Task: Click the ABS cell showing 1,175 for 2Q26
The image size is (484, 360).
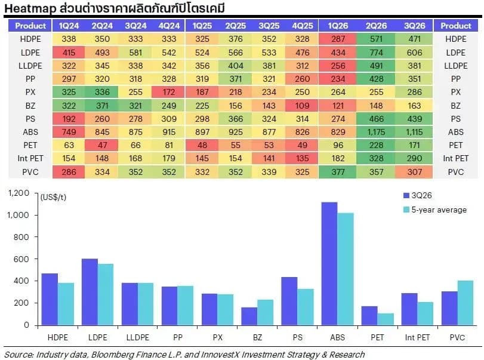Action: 376,132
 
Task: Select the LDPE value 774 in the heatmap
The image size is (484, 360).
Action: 376,53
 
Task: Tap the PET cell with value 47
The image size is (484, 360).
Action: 102,145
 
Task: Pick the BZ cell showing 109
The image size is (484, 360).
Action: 302,106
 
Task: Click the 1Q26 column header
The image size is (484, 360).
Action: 338,26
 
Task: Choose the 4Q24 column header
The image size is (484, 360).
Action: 169,26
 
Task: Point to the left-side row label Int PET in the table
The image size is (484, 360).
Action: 30,158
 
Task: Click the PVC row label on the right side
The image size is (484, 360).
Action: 455,172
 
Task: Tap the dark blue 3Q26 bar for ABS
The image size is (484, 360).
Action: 329,264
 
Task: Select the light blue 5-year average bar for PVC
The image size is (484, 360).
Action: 465,303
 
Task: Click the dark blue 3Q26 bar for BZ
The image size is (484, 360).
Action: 249,316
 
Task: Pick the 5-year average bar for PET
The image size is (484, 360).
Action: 386,319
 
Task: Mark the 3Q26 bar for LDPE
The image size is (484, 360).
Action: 90,292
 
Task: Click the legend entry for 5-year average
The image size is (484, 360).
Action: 435,210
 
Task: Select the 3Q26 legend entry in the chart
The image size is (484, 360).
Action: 418,195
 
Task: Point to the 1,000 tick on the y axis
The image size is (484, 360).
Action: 19,215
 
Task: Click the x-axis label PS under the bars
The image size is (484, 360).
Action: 298,337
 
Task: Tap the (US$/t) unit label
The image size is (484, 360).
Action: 53,197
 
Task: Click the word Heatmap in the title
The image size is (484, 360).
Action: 30,8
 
